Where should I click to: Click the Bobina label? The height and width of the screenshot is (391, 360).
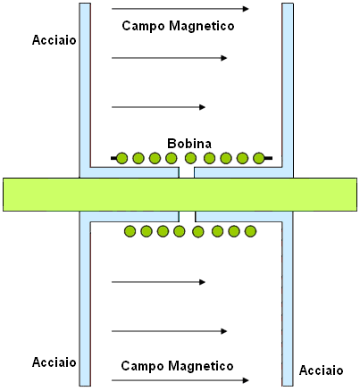189,144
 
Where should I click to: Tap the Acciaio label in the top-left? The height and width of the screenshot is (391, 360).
54,40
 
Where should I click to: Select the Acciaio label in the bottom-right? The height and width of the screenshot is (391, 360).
321,370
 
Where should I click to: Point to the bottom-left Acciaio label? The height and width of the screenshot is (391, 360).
54,362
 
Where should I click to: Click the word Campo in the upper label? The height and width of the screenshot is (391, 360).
143,26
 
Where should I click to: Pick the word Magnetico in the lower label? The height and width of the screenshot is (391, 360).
201,366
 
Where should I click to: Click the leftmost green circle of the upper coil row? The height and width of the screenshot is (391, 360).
121,158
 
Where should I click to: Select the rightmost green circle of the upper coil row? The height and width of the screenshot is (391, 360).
258,158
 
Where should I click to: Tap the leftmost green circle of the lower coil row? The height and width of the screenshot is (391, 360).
130,231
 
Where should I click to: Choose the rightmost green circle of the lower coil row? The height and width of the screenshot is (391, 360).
250,231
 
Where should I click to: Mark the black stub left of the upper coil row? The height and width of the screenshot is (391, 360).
113,158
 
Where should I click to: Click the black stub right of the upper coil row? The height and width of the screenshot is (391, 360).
268,158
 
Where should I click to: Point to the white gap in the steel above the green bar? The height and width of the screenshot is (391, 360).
187,172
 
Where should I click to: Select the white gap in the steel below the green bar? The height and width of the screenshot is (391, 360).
187,217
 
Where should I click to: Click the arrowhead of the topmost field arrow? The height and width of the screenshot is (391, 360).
246,9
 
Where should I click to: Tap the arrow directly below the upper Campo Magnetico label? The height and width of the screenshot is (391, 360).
170,58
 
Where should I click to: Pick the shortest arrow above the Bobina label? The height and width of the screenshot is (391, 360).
158,107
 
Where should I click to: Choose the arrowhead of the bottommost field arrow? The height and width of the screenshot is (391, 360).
246,380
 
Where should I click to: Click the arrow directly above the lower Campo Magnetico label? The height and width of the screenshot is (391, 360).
170,331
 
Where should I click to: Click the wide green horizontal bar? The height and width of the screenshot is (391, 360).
180,195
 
